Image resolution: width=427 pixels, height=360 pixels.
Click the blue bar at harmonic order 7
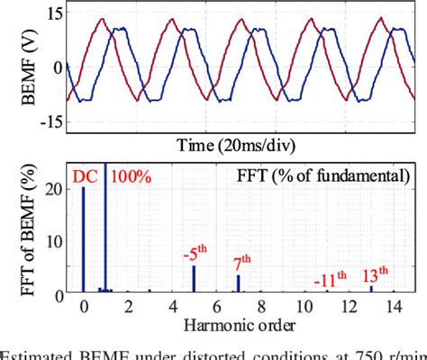pyautogui.click(x=238, y=283)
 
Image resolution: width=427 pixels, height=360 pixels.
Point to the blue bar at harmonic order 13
pyautogui.click(x=371, y=288)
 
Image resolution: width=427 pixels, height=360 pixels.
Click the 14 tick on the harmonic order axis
pyautogui.click(x=393, y=308)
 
